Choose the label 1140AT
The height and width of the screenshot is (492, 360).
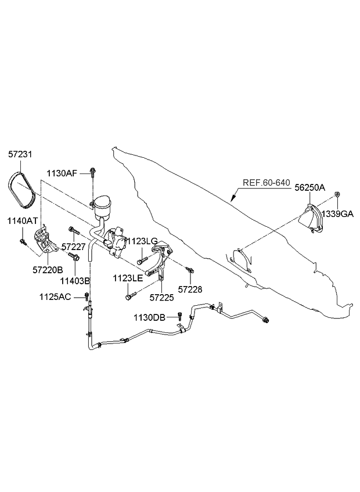tap(22, 220)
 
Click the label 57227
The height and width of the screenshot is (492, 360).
tap(73, 247)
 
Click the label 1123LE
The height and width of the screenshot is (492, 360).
tap(128, 278)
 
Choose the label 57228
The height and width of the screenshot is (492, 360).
tap(190, 289)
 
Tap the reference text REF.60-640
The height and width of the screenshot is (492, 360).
tap(266, 183)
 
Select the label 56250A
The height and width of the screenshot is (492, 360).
tap(309, 187)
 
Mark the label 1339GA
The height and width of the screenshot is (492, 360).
tap(338, 214)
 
